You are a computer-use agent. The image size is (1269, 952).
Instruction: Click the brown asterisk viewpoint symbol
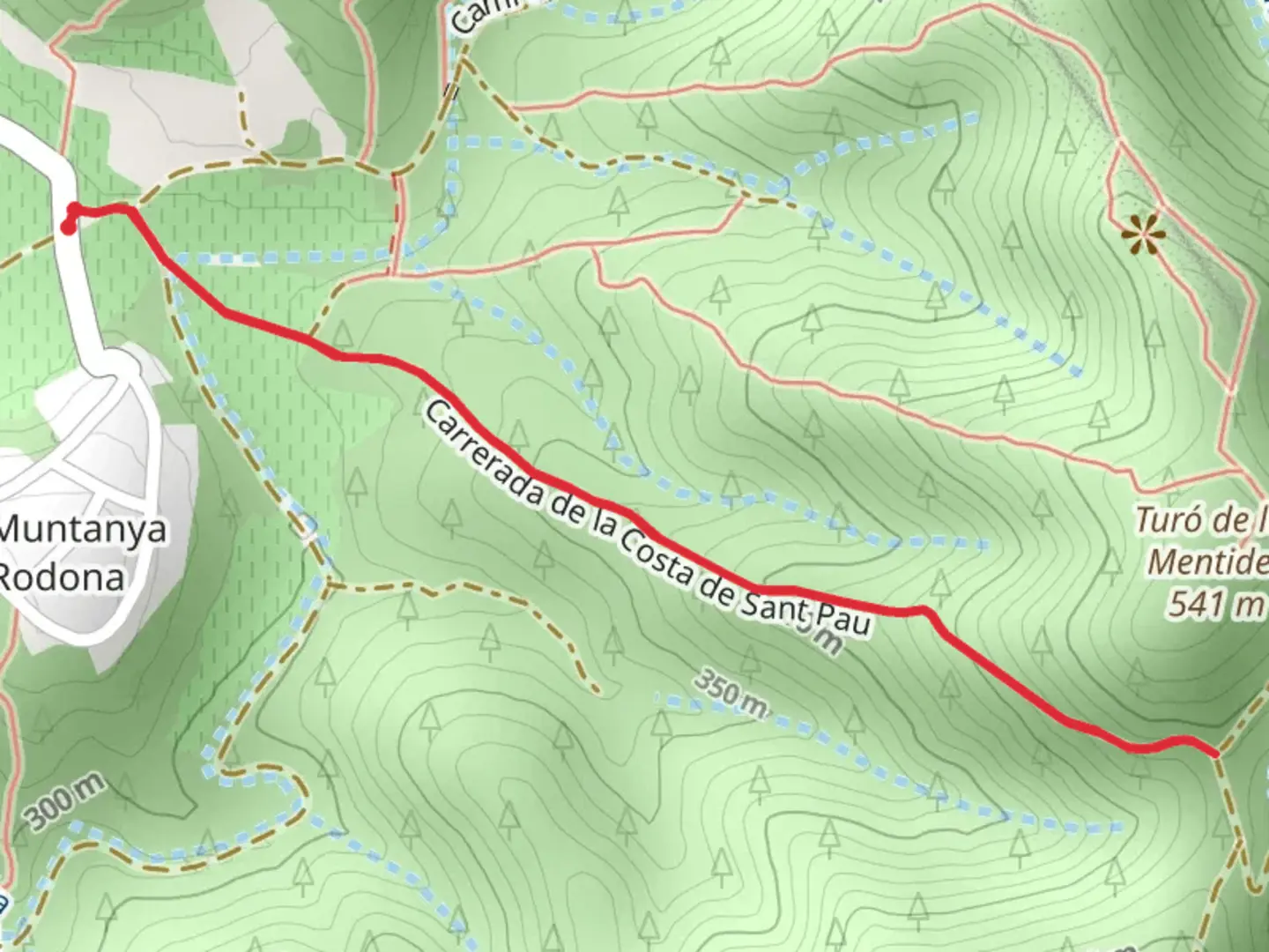point(1144,235)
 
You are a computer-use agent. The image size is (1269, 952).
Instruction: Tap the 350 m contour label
point(731,693)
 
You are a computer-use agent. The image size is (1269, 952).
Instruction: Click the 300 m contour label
point(66,802)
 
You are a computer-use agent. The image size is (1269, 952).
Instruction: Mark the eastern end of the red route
point(1215,754)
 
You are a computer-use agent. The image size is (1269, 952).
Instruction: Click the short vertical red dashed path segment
point(396,220)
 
